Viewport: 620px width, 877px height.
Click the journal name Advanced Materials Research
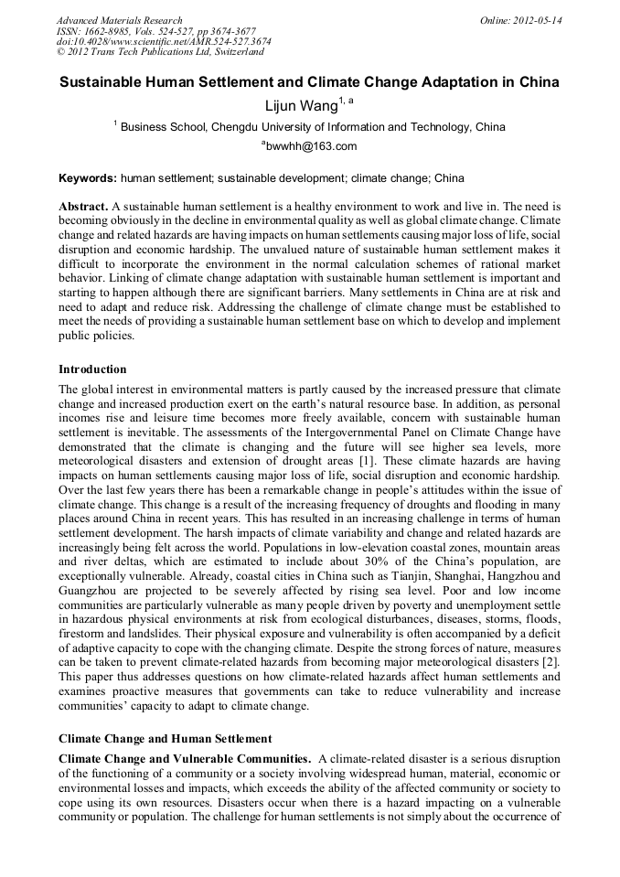pyautogui.click(x=119, y=20)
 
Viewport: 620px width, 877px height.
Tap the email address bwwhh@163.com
pyautogui.click(x=309, y=146)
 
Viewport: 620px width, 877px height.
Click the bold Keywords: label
pyautogui.click(x=88, y=177)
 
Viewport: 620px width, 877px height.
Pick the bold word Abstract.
pyautogui.click(x=82, y=208)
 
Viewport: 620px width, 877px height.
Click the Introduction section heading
pyautogui.click(x=92, y=369)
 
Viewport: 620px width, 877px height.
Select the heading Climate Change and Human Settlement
pyautogui.click(x=165, y=737)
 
